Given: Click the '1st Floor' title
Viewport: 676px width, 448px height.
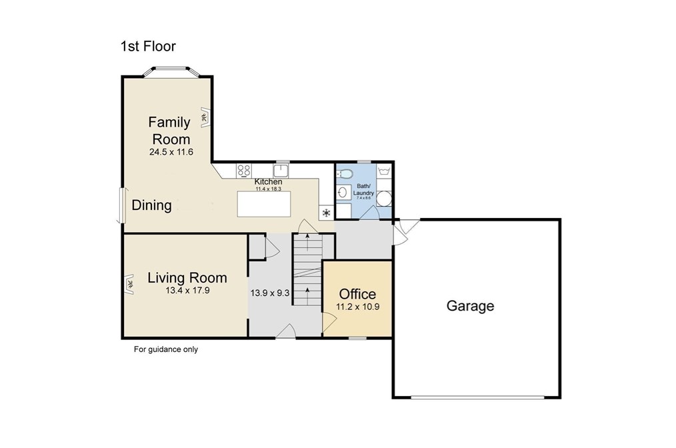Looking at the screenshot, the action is [x=148, y=46].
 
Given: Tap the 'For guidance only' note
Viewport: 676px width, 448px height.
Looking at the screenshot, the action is [x=166, y=349].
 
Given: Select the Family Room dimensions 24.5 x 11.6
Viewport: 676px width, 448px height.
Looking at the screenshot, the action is [x=171, y=152].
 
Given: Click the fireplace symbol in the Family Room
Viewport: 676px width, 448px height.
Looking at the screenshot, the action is [x=205, y=117].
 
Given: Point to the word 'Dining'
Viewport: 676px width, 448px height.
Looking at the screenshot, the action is [x=151, y=205].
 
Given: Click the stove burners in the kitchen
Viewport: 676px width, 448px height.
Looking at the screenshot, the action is [x=244, y=170].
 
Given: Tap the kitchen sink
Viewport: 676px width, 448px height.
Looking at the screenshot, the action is [x=281, y=170].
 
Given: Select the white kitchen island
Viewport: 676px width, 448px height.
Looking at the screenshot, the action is [x=264, y=204].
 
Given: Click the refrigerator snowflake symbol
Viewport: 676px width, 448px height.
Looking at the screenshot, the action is [x=327, y=212].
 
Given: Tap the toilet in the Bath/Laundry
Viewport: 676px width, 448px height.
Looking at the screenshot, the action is [x=345, y=174].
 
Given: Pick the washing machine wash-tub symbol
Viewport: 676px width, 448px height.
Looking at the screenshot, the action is [x=384, y=171].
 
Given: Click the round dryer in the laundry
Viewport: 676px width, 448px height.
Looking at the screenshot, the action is [x=384, y=199].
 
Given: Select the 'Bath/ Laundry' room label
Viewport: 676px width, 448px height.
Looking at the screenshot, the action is [x=363, y=190].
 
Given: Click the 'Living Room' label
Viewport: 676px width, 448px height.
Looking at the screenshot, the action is [x=187, y=278].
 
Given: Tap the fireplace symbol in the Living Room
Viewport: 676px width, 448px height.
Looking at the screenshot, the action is [x=129, y=284].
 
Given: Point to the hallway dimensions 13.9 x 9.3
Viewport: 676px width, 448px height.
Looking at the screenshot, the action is [x=270, y=293].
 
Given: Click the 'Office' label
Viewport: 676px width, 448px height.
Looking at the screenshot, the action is [x=357, y=294].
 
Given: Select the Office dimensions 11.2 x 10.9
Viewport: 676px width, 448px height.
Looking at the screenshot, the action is [x=357, y=307].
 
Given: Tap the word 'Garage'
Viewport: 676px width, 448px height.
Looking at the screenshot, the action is [x=470, y=306].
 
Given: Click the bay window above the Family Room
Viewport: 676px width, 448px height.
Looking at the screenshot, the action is [x=171, y=71].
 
